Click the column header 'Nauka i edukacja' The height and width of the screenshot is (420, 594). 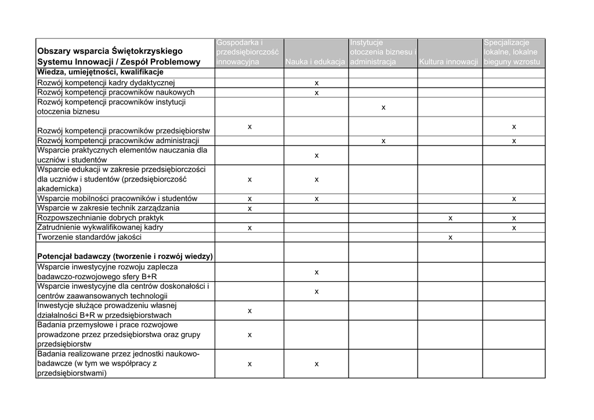[x=316, y=61]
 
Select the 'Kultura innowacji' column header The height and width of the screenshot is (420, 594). [x=449, y=61]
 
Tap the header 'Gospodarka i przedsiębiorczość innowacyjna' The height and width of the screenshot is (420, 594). [x=249, y=52]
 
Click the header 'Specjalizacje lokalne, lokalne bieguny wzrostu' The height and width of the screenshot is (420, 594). [x=513, y=52]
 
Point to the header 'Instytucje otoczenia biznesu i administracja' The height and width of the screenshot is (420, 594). [x=382, y=52]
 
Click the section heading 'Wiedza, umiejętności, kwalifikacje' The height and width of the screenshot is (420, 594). [x=100, y=72]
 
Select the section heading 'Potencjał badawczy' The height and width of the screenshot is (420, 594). [x=125, y=256]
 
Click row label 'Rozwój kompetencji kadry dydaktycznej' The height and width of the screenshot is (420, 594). [x=110, y=83]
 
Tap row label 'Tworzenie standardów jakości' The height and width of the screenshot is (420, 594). [x=89, y=237]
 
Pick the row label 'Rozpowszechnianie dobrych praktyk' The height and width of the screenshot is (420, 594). [x=100, y=218]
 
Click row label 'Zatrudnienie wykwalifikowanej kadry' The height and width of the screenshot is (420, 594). [x=100, y=227]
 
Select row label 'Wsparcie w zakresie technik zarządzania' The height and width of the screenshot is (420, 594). [x=108, y=208]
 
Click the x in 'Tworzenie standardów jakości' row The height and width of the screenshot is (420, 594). [x=450, y=237]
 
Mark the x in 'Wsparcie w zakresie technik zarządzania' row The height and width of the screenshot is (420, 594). [x=249, y=208]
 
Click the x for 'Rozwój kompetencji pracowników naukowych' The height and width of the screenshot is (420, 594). [x=317, y=93]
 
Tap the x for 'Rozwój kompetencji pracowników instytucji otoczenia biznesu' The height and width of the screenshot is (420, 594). [x=383, y=107]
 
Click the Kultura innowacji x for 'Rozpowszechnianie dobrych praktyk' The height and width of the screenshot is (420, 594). [x=450, y=218]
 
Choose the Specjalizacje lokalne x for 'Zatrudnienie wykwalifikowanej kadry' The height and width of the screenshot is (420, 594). [x=514, y=228]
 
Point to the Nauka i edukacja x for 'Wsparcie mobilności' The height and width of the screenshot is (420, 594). [x=317, y=199]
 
